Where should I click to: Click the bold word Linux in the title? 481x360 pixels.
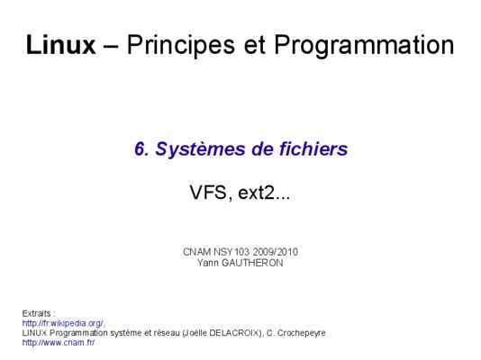coord(60,45)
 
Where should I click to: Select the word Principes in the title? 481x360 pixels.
coord(181,46)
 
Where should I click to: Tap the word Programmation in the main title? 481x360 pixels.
coord(364,46)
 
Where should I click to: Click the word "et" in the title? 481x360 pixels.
coord(254,46)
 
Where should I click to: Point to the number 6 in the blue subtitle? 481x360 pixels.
coord(141,148)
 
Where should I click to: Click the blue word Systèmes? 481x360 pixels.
coord(200,149)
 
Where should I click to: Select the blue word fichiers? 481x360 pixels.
coord(313,148)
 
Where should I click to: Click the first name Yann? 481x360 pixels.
coord(208,263)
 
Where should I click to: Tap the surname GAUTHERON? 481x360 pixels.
coord(252,263)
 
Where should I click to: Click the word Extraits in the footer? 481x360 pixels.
coord(37,313)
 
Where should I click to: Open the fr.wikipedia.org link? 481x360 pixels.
coord(63,323)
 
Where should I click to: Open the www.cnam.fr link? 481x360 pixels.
coord(59,343)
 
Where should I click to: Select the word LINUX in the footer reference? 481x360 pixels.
coord(34,333)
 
